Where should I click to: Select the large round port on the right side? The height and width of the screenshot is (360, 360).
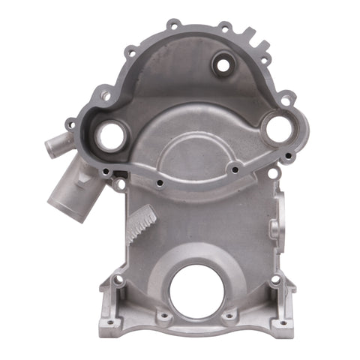coord(277,130)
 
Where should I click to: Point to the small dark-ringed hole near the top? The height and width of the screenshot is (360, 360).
coord(222,64)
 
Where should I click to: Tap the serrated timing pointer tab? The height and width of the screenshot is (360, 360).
coord(142,223)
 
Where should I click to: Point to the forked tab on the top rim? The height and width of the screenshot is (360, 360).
coord(249,35)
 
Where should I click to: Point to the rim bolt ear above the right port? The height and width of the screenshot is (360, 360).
coord(286,97)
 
